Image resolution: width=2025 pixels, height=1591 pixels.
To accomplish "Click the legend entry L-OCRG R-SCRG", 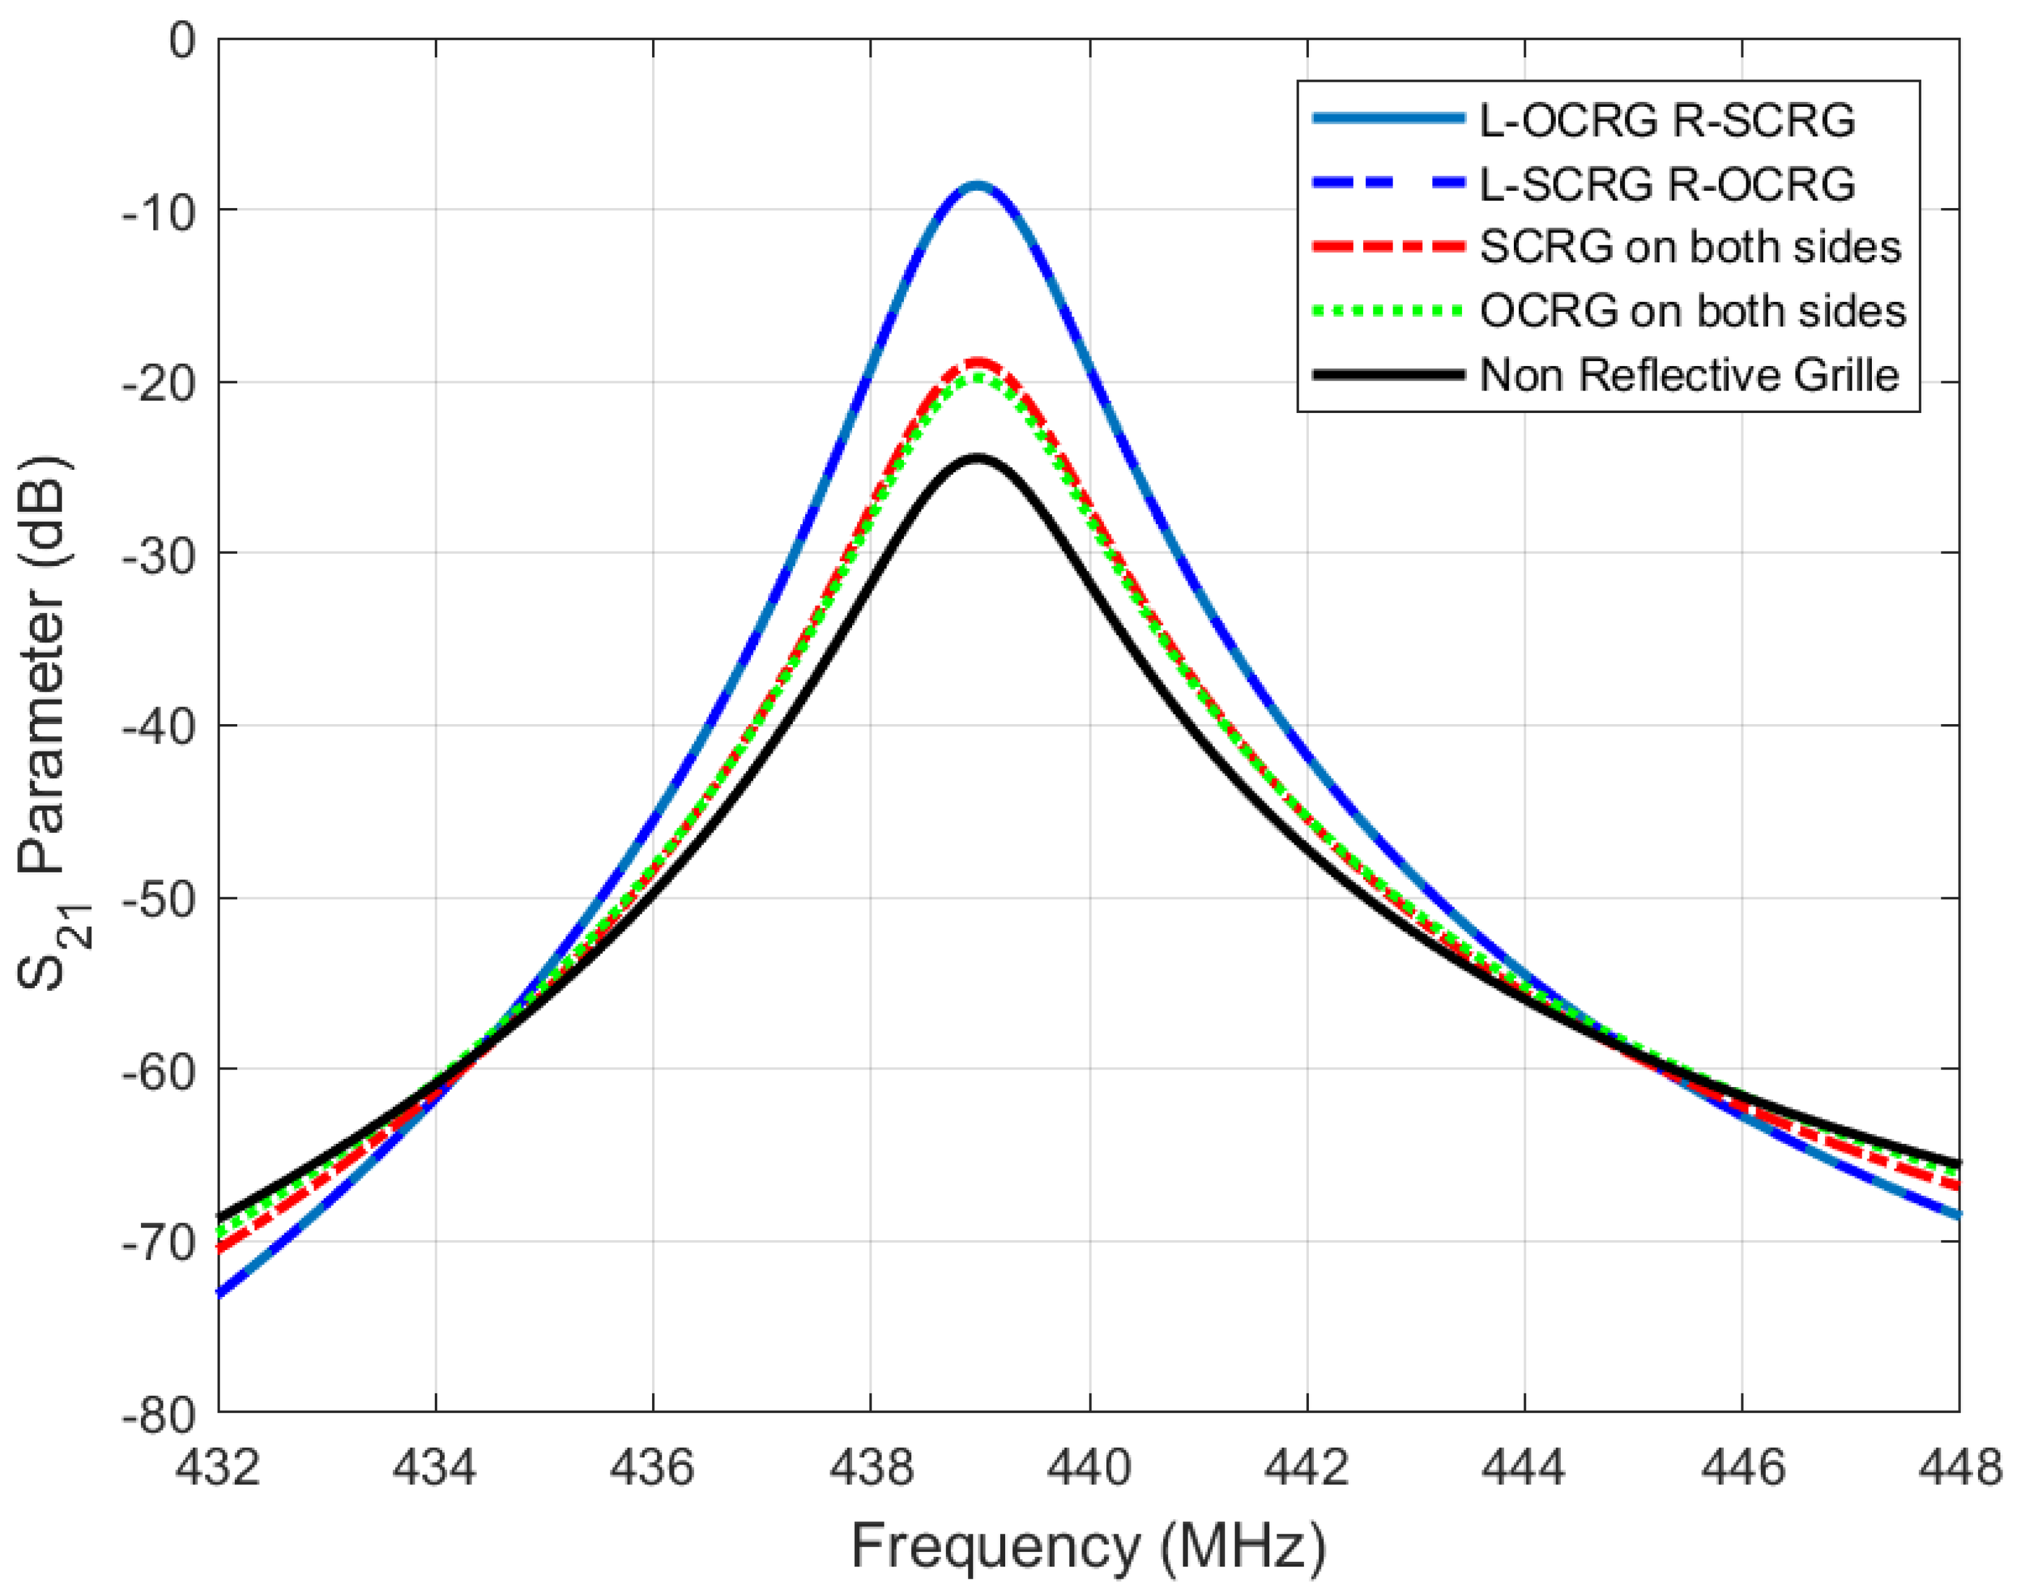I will point(1668,120).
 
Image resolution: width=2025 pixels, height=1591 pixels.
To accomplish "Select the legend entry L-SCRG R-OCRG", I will point(1668,184).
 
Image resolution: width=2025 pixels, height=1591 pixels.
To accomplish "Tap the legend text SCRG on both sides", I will point(1691,247).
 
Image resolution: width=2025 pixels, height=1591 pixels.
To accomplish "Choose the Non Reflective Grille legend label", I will point(1689,375).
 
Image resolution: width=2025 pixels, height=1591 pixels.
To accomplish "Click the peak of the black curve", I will point(976,458).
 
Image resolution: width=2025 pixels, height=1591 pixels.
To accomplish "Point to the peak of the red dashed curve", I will point(976,361).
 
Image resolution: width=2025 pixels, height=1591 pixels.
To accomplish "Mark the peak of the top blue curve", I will point(976,185).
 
